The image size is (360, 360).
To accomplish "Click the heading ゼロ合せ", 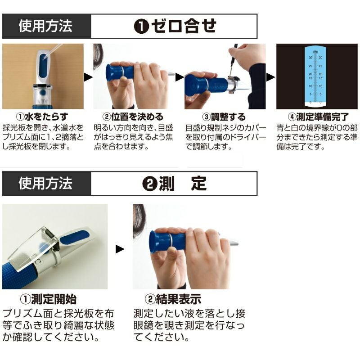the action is (x=184, y=26).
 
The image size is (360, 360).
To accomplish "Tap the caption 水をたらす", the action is (x=46, y=117).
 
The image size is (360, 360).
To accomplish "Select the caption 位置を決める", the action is (x=137, y=117).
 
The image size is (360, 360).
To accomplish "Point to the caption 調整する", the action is (x=228, y=117).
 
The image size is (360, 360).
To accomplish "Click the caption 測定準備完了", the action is (x=322, y=117).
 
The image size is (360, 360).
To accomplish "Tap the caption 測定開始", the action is (x=54, y=299).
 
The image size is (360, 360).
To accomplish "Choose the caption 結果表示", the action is (x=178, y=299).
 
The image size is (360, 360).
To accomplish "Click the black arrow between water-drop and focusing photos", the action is (x=88, y=77).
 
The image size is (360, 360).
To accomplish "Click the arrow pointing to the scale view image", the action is (x=270, y=77).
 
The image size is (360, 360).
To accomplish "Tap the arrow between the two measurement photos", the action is (x=120, y=249).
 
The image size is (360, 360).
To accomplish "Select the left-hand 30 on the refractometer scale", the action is (x=310, y=58).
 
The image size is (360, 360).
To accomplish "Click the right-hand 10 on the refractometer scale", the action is (x=320, y=86).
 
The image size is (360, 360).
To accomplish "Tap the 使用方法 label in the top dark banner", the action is (x=45, y=26).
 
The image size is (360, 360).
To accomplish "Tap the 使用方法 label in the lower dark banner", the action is (x=45, y=183).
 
